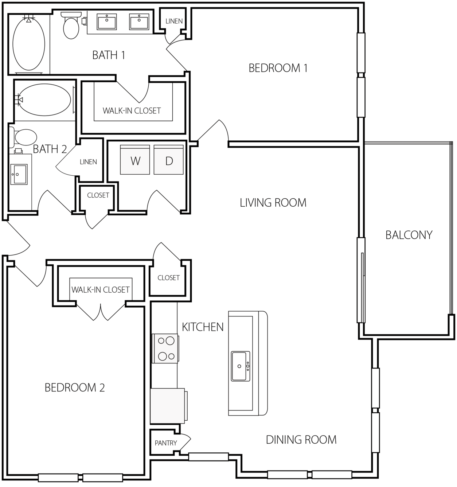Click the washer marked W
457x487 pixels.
(x=135, y=160)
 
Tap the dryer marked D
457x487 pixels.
(x=169, y=160)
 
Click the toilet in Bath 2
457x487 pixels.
(x=23, y=137)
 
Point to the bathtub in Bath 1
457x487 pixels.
(x=29, y=44)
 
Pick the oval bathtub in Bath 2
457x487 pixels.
(x=44, y=100)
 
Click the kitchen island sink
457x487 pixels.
(x=241, y=366)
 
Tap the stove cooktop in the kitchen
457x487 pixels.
(x=165, y=348)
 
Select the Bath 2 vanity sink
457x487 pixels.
(x=19, y=174)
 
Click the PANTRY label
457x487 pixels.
(x=166, y=443)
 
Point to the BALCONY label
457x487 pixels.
(x=409, y=235)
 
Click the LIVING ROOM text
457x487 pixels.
(x=273, y=203)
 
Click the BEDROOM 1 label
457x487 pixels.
(x=278, y=68)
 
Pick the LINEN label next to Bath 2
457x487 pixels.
(x=88, y=162)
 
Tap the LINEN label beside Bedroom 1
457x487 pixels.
(x=174, y=22)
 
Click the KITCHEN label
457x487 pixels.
(x=203, y=327)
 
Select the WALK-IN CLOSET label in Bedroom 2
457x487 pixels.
(x=101, y=289)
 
